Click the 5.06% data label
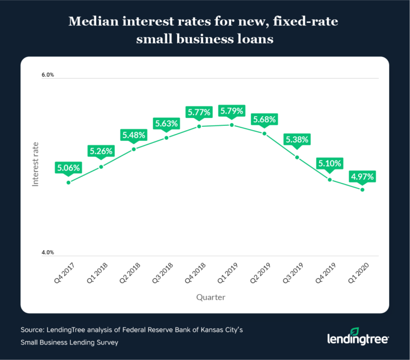(x=68, y=168)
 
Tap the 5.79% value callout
(x=232, y=111)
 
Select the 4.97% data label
(x=362, y=176)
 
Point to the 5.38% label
(x=297, y=140)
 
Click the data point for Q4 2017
(x=68, y=182)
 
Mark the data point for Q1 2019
(x=232, y=125)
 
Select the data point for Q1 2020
(x=362, y=190)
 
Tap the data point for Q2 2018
(x=134, y=149)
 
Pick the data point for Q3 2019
(x=297, y=157)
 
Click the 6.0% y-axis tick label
(x=48, y=75)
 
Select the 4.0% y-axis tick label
(x=48, y=253)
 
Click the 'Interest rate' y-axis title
(x=36, y=164)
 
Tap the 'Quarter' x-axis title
(x=210, y=298)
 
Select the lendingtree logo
(x=358, y=337)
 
